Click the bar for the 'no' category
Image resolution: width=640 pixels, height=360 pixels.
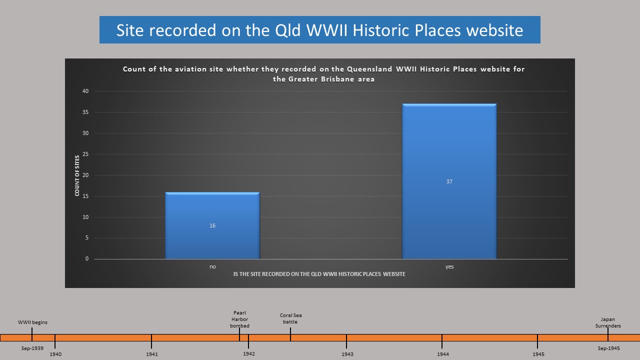pos(212,225)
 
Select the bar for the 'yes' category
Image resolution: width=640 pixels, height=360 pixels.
pos(449,181)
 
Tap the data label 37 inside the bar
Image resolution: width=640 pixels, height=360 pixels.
pos(449,181)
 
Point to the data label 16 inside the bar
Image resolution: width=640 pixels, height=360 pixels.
pos(212,225)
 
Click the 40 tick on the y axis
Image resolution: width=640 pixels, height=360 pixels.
pos(85,91)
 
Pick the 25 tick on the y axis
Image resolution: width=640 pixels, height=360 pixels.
pos(85,154)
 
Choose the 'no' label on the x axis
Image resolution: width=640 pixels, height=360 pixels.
pos(212,266)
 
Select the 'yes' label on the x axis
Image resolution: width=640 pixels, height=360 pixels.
pos(449,267)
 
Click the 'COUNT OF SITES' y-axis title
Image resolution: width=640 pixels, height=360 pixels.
pos(77,175)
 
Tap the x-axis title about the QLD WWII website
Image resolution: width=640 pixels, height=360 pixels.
pos(319,274)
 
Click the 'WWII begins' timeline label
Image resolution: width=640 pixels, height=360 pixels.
pos(32,322)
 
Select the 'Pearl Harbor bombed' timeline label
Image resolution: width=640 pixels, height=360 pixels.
pos(239,319)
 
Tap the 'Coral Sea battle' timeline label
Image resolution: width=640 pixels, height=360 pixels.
pos(290,318)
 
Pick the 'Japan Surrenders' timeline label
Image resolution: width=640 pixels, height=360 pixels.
pos(608,322)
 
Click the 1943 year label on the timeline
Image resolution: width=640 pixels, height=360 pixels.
pos(347,354)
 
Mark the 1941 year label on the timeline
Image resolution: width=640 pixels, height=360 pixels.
pos(152,354)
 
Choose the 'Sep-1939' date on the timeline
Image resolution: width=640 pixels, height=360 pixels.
pos(32,348)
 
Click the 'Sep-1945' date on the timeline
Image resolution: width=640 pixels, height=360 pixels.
pos(609,348)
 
